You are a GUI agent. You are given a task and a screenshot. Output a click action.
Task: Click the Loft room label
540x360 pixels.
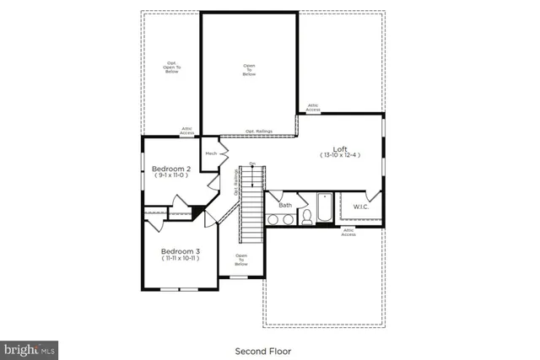pyautogui.click(x=339, y=148)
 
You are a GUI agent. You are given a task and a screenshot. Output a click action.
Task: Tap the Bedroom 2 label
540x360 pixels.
pyautogui.click(x=170, y=169)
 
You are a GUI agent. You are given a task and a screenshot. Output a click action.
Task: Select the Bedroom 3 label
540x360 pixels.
pyautogui.click(x=180, y=251)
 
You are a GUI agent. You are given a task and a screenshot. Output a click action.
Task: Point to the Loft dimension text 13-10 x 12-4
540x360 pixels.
pyautogui.click(x=339, y=156)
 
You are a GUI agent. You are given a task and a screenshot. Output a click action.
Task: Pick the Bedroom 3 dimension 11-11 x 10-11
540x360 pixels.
pyautogui.click(x=180, y=259)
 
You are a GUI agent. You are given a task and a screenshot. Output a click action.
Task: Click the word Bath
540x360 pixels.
pyautogui.click(x=285, y=205)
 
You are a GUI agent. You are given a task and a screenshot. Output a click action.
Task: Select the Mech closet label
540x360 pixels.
pyautogui.click(x=211, y=153)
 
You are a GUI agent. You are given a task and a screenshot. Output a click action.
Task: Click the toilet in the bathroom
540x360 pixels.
pyautogui.click(x=307, y=218)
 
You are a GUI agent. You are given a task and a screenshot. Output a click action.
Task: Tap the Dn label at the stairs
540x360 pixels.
pyautogui.click(x=251, y=164)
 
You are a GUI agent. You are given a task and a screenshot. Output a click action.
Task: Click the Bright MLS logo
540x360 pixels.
pyautogui.click(x=30, y=348)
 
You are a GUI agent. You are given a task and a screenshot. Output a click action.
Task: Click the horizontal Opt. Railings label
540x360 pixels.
pyautogui.click(x=258, y=132)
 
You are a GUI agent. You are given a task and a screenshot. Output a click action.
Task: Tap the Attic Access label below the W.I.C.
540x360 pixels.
pyautogui.click(x=348, y=232)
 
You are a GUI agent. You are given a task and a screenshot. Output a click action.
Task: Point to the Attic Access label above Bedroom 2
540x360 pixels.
pyautogui.click(x=187, y=131)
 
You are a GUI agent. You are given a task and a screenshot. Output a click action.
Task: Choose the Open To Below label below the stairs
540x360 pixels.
pyautogui.click(x=241, y=260)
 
